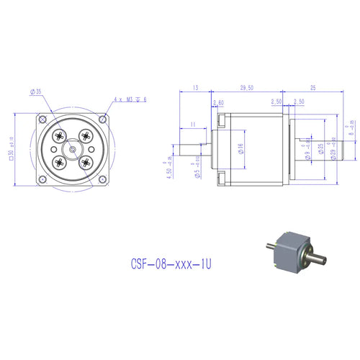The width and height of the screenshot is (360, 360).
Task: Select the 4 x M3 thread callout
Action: pyautogui.click(x=130, y=99)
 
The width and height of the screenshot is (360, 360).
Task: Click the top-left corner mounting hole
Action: pyautogui.click(x=44, y=118)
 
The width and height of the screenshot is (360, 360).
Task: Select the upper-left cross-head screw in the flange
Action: pyautogui.click(x=60, y=135)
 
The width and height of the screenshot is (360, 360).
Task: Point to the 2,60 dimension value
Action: pyautogui.click(x=220, y=102)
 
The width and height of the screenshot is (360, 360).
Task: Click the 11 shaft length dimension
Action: pyautogui.click(x=194, y=124)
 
